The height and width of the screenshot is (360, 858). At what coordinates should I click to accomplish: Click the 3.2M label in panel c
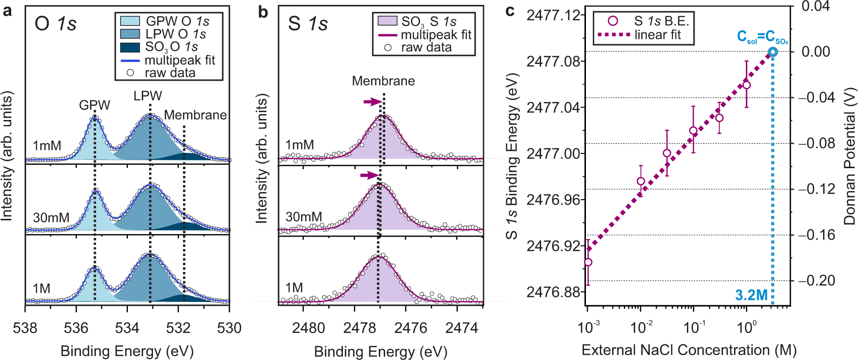point(751,295)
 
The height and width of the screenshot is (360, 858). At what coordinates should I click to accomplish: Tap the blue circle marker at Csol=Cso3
point(773,52)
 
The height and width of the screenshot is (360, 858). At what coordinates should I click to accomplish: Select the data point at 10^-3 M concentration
point(588,262)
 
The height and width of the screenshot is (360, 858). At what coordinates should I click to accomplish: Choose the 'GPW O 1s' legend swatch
point(130,21)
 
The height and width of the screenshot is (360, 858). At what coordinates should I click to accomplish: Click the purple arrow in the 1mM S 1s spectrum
point(372,102)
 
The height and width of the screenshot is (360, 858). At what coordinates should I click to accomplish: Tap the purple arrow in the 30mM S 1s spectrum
point(369,176)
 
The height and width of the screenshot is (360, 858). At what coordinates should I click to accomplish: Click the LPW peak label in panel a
point(148,96)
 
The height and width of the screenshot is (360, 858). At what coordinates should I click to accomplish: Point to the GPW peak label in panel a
point(94,105)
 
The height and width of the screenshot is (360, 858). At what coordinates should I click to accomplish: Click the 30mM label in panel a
point(51,217)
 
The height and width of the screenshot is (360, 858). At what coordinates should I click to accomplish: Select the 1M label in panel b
point(294,288)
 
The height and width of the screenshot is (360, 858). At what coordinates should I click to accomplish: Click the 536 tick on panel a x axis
point(76,328)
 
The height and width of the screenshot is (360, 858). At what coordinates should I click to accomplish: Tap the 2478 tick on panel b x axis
point(359,328)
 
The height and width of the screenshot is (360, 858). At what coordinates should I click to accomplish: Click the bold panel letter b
point(263,12)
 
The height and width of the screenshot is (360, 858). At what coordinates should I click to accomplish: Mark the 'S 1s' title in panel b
point(308,24)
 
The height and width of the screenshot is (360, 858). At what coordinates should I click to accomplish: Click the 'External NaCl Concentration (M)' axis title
point(689,350)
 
